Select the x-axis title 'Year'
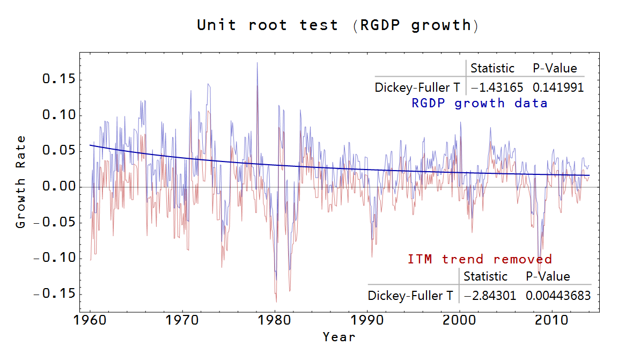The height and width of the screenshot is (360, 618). tap(339, 337)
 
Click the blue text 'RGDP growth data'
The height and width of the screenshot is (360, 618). tap(480, 103)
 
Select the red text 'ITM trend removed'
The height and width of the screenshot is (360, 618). tap(480, 260)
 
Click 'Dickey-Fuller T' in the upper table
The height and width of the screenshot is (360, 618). tap(417, 87)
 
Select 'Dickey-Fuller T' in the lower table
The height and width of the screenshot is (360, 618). tap(410, 296)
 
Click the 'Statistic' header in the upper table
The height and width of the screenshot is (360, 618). tap(492, 68)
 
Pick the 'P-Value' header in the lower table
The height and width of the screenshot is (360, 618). tap(548, 276)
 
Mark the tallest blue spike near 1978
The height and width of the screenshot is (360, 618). tap(257, 63)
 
